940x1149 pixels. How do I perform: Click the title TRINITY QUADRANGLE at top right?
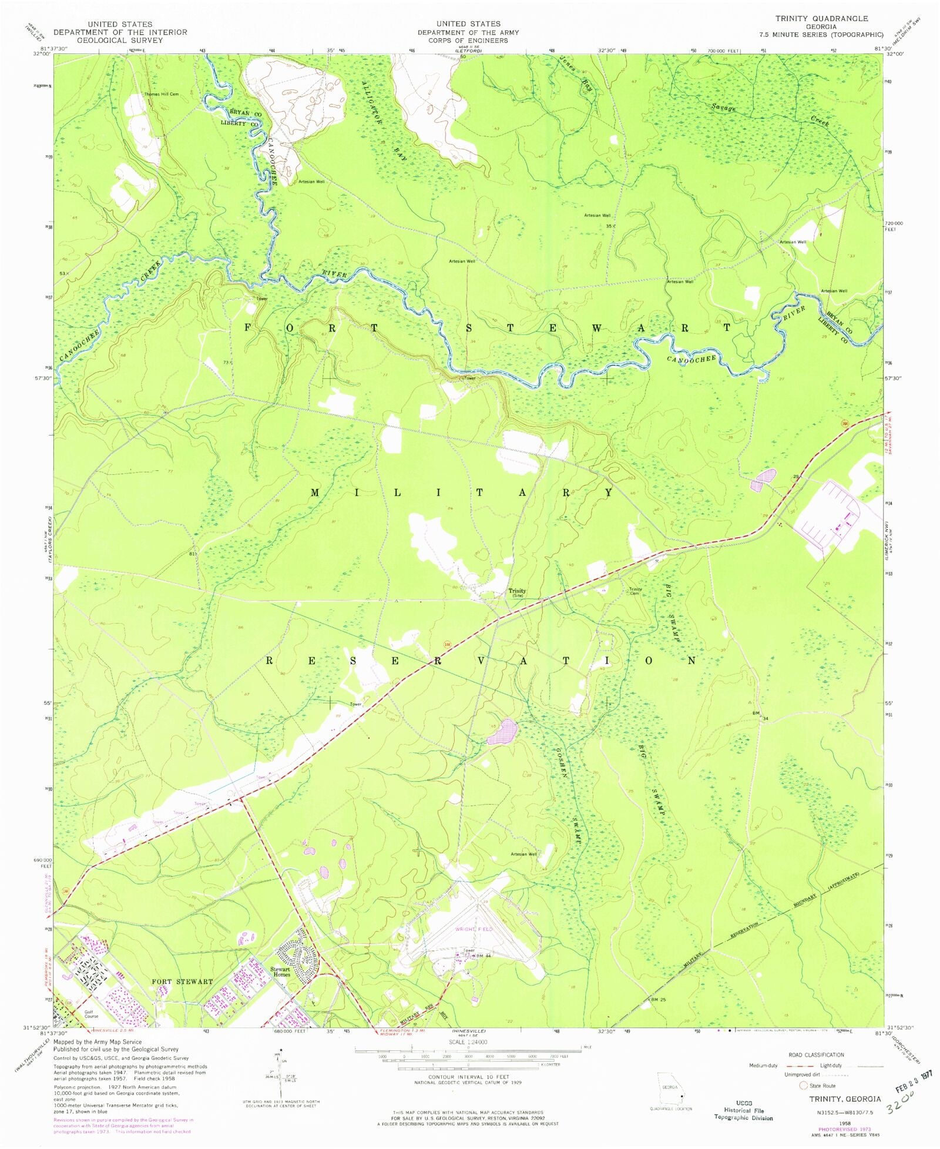(x=821, y=18)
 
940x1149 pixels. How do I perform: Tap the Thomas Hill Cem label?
(x=162, y=94)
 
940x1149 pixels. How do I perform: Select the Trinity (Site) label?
(x=517, y=593)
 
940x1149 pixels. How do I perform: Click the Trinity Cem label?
(x=636, y=591)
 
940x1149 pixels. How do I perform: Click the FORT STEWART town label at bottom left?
(x=182, y=981)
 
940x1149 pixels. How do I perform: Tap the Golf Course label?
(x=91, y=1014)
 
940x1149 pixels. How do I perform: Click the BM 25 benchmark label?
(x=659, y=999)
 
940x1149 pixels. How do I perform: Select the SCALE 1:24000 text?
(x=468, y=1041)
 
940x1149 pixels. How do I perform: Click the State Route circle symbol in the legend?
(x=804, y=1086)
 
